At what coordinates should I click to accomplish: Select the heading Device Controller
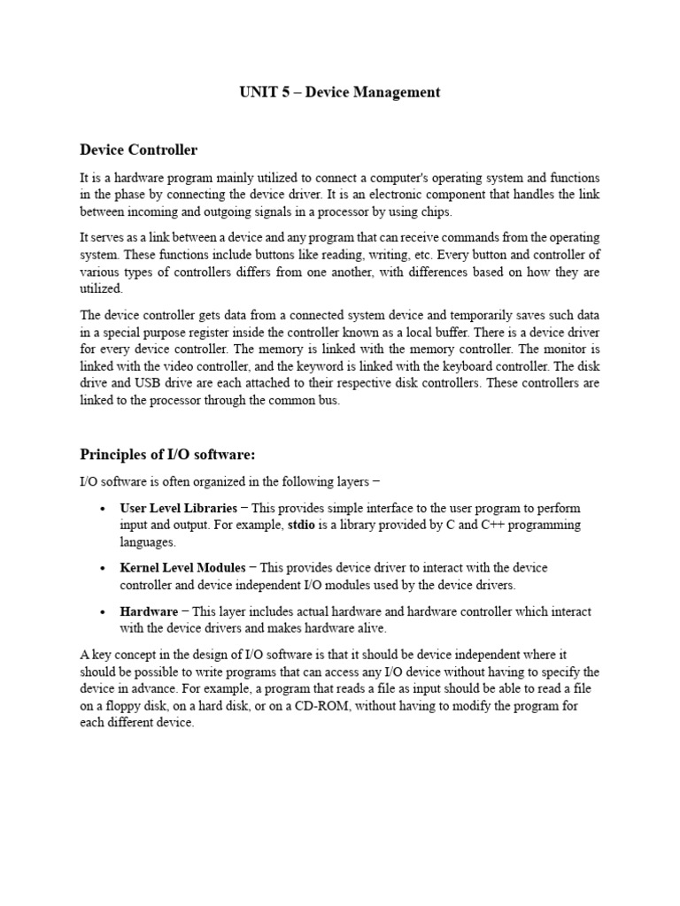tap(139, 150)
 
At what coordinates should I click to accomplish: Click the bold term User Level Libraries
tap(178, 509)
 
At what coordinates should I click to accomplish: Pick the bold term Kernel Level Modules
tap(183, 568)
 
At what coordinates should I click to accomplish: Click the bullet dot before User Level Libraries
tap(104, 510)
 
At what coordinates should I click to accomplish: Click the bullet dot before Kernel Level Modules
tap(104, 569)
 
